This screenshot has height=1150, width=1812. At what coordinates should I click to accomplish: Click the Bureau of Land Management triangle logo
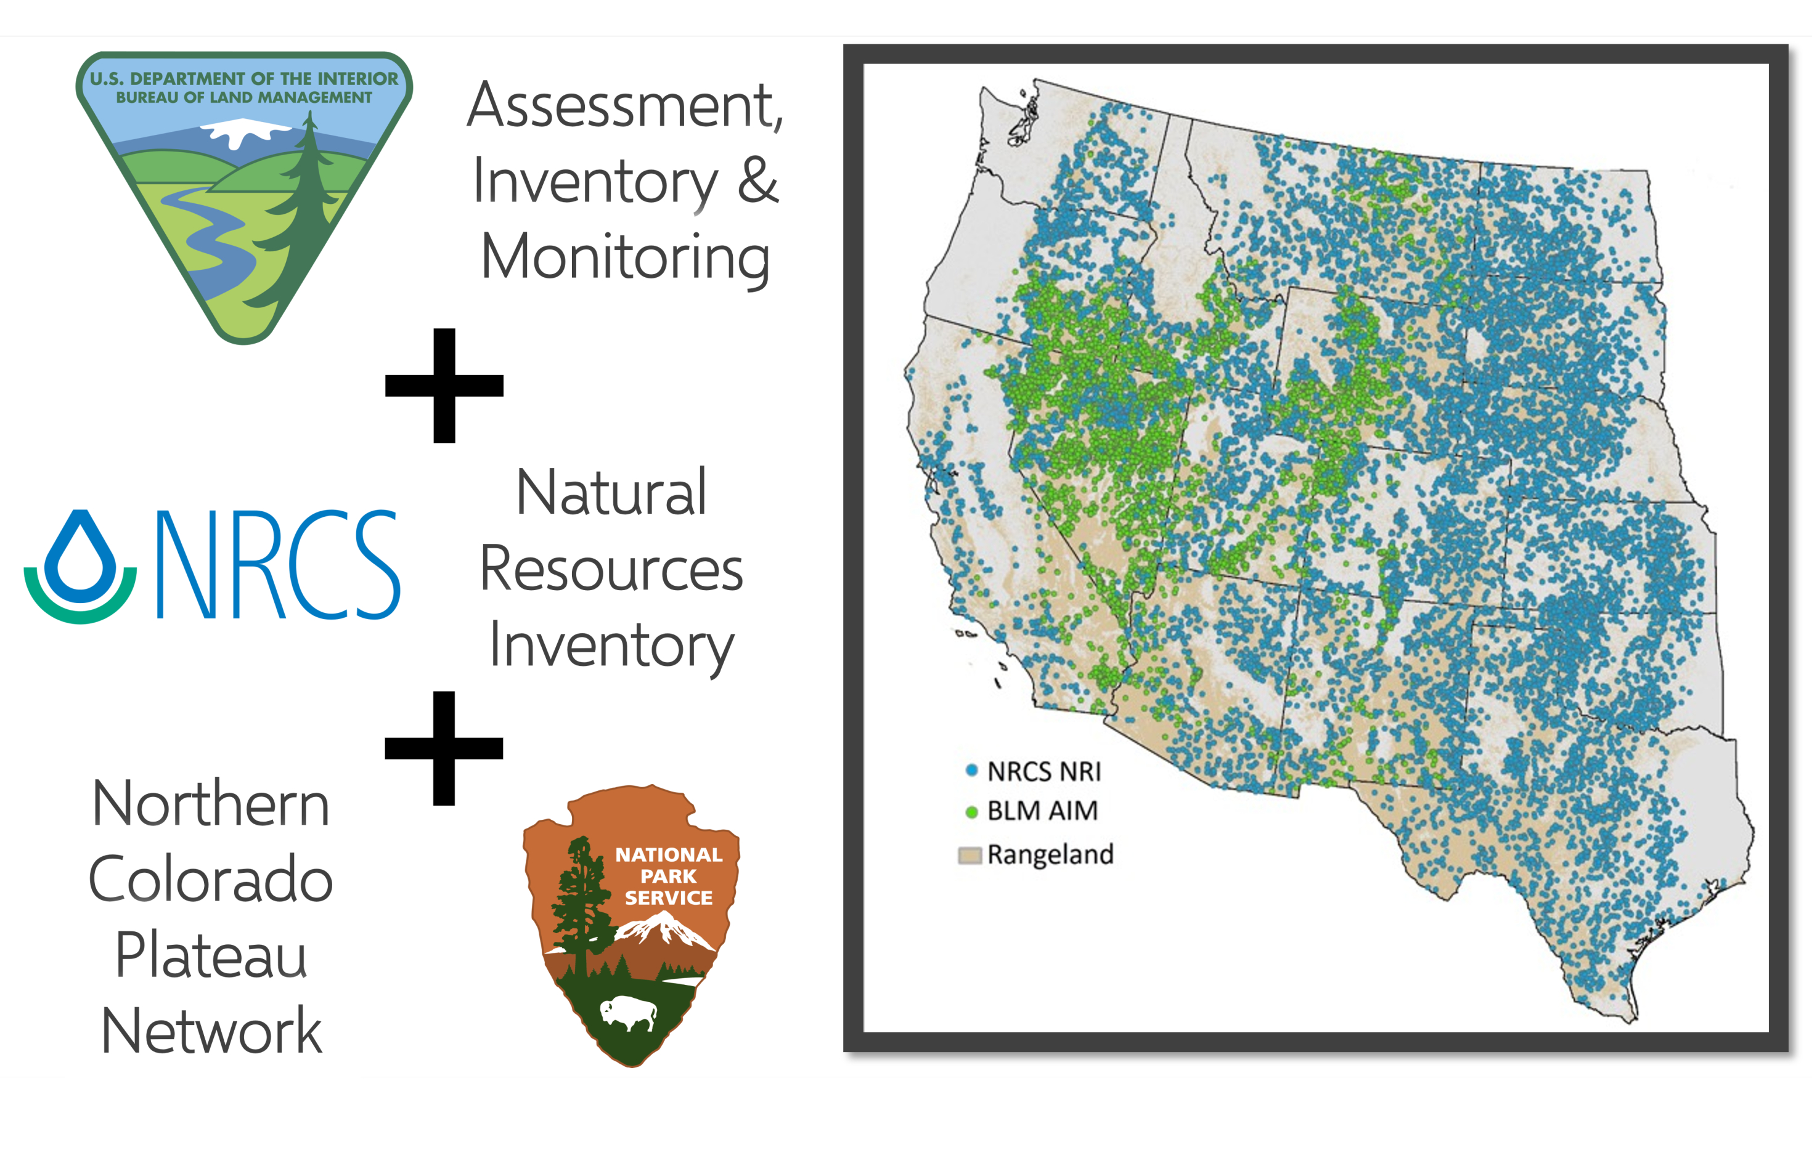244,195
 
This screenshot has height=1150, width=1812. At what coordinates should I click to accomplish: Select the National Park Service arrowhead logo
631,925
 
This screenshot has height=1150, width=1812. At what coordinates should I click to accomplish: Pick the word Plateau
211,955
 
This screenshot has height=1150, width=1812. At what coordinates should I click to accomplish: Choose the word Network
211,1031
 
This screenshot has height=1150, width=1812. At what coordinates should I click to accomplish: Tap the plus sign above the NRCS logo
444,385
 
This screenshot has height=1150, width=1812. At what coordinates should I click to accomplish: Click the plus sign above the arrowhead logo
444,748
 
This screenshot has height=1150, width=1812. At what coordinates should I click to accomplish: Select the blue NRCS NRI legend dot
971,770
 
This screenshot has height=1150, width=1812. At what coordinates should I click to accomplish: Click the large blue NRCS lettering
277,564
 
